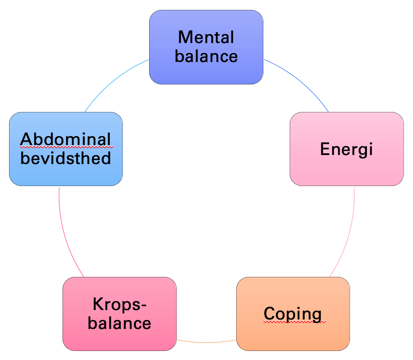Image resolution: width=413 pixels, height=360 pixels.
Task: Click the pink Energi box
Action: point(347,149)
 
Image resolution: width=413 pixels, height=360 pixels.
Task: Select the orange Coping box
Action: point(293,313)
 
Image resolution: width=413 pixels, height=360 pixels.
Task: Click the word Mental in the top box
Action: point(206,37)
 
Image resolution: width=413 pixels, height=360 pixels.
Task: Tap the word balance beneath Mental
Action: point(206,56)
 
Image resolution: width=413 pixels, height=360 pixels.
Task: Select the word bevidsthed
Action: point(66,158)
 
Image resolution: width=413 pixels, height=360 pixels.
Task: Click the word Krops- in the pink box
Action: point(119,304)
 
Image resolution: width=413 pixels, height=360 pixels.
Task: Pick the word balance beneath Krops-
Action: point(119,323)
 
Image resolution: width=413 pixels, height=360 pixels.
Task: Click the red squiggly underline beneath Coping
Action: point(294,321)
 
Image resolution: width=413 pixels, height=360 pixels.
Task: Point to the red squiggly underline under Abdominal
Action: point(67,147)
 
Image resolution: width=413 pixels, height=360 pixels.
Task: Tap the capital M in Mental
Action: point(185,37)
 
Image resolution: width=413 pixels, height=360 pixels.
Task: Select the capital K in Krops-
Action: point(98,304)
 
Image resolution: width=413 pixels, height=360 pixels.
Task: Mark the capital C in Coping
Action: point(270,313)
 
